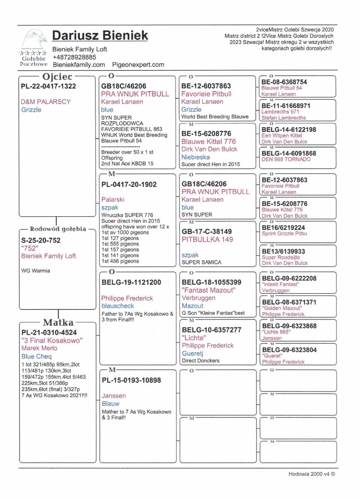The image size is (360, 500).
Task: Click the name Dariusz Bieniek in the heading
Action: tap(100, 36)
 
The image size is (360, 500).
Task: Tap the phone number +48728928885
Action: tap(74, 57)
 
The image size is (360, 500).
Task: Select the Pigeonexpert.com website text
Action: tap(138, 65)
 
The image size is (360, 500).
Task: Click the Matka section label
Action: tap(58, 323)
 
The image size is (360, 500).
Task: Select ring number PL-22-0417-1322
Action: tap(49, 86)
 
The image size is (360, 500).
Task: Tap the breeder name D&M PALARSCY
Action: tap(46, 102)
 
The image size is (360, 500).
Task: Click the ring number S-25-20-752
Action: tap(41, 240)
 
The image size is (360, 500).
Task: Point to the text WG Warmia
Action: tap(36, 271)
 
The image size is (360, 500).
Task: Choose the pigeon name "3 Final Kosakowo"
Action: tap(52, 341)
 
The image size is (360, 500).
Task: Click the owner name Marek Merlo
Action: tap(40, 348)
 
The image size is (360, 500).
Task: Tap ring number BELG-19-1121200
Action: tap(131, 282)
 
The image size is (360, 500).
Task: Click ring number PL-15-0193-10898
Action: tap(131, 380)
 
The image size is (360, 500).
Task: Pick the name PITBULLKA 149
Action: tap(207, 240)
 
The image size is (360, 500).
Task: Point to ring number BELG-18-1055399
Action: tap(211, 282)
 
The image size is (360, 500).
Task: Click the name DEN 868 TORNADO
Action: tap(286, 159)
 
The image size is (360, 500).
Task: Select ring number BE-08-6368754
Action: tap(284, 82)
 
